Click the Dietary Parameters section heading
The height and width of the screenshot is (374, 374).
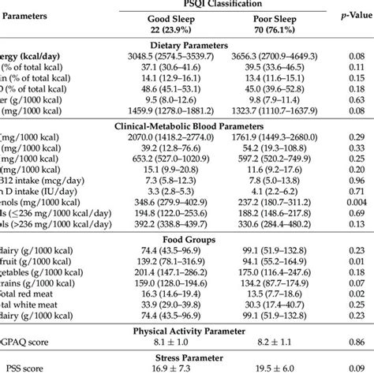pyautogui.click(x=185, y=47)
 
